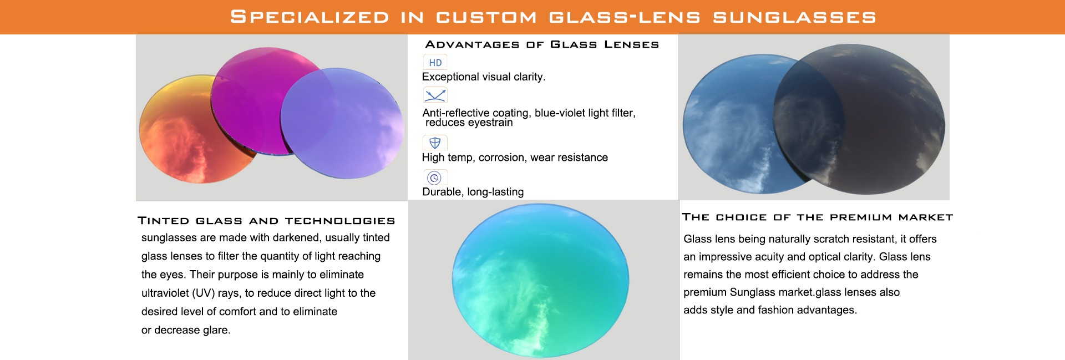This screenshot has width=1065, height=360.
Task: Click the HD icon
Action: (435, 62)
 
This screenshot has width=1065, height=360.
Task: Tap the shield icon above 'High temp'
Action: (435, 143)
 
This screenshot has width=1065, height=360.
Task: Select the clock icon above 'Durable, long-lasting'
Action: (435, 178)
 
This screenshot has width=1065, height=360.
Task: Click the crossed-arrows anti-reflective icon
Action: (435, 95)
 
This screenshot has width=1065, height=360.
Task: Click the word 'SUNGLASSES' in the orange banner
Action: (794, 17)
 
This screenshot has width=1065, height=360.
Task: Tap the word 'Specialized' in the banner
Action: (310, 17)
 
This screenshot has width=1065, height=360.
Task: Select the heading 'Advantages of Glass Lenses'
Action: (542, 44)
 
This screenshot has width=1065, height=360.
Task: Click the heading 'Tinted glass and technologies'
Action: (266, 221)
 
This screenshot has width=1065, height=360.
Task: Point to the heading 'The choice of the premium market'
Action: (818, 217)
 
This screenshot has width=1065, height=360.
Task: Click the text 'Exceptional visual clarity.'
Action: (484, 77)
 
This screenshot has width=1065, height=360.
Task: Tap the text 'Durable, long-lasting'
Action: (473, 192)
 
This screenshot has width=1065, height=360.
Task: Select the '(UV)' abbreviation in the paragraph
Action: (204, 293)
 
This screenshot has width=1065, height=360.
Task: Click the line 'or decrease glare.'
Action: (186, 330)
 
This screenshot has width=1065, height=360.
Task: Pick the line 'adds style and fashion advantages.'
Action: (770, 310)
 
